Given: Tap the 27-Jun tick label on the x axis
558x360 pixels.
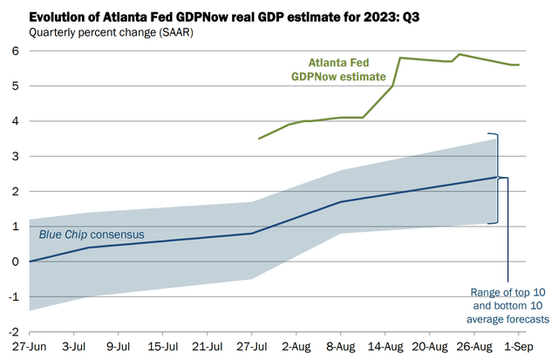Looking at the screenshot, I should coord(29,347).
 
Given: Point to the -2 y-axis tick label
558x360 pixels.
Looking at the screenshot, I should coord(13,332).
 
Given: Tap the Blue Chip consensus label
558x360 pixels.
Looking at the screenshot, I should coord(92,235).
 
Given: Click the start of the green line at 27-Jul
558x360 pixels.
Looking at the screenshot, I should coord(259,139).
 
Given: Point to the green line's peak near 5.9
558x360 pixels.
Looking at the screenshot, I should coord(459,55).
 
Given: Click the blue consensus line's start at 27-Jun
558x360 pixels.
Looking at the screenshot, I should coord(30,262).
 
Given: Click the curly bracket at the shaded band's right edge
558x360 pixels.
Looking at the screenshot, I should coord(496,178).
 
